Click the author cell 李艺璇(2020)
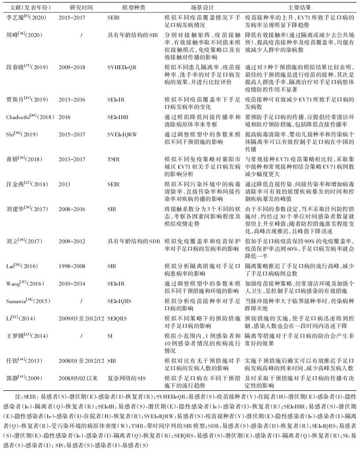coord(25,17)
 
